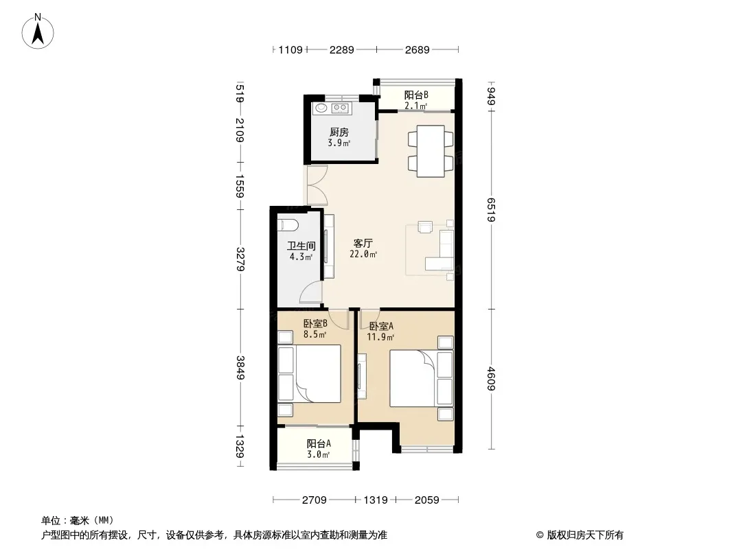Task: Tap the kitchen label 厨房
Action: [339, 132]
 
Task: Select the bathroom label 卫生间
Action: [301, 246]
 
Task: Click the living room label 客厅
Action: [363, 243]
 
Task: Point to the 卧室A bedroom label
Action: [381, 326]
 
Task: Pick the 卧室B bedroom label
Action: [315, 323]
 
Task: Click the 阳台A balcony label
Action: [319, 443]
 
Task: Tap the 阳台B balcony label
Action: [416, 95]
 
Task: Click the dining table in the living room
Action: [431, 151]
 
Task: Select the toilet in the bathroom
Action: [288, 225]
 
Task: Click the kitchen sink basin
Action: [321, 108]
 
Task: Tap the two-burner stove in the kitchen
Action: [341, 108]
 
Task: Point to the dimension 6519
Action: [491, 210]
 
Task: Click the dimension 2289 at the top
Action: [342, 49]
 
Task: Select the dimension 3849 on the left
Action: [240, 368]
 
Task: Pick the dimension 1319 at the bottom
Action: [376, 500]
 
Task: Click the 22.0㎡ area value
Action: [363, 254]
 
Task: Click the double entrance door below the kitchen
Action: [317, 186]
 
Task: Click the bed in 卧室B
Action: [310, 373]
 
